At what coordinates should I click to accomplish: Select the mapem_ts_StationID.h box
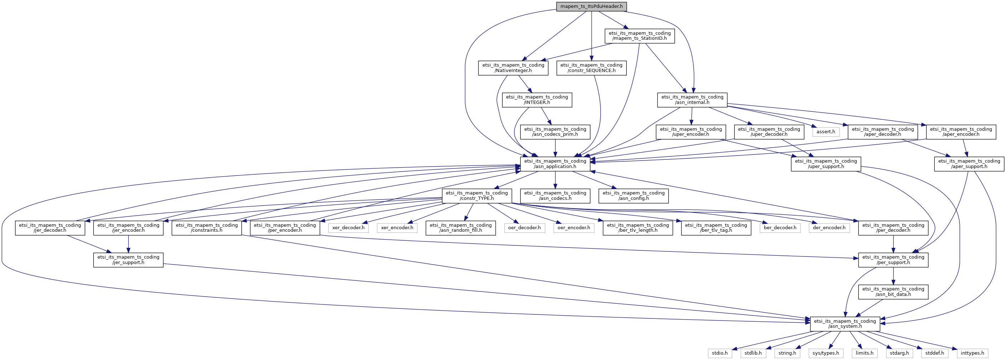(x=640, y=36)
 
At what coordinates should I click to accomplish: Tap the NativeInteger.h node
(x=513, y=68)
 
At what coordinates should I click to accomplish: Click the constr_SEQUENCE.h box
(x=591, y=68)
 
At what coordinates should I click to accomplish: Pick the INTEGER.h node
(x=537, y=100)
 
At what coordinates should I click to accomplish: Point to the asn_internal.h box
(x=692, y=100)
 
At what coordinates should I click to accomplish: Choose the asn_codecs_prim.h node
(x=555, y=132)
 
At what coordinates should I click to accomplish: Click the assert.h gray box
(x=826, y=132)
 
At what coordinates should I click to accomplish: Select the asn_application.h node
(x=555, y=164)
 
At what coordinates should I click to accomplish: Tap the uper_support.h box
(x=826, y=164)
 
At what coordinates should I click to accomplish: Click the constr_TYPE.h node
(x=477, y=196)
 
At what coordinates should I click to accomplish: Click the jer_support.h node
(x=129, y=260)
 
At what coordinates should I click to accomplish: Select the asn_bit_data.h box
(x=894, y=292)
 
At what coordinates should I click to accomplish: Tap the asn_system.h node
(x=845, y=324)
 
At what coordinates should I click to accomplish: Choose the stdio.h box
(x=720, y=353)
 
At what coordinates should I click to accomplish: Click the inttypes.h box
(x=972, y=353)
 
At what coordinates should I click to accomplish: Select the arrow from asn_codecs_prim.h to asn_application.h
(x=555, y=148)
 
